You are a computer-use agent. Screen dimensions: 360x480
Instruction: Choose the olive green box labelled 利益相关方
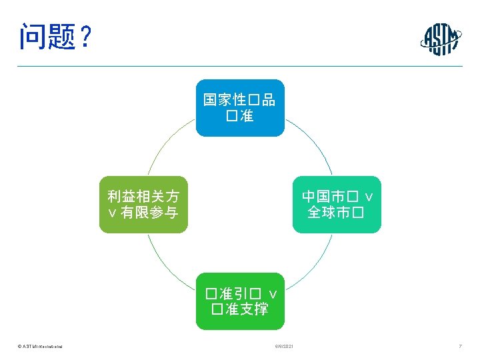coord(143,204)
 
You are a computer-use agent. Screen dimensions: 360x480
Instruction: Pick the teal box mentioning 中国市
coord(337,204)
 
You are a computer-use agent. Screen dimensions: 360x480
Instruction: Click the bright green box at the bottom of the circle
coord(240,301)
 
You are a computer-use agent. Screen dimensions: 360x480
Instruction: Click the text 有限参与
coord(149,213)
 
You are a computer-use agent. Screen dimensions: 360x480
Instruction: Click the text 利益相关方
coord(143,196)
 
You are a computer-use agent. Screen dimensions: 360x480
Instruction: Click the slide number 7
coord(460,347)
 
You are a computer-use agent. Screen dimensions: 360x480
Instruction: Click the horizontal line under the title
coord(240,66)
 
